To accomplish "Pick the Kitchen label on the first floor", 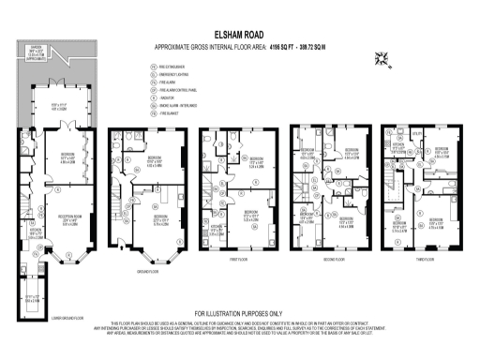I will pyautogui.click(x=215, y=225).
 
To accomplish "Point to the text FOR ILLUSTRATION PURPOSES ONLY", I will pyautogui.click(x=239, y=312).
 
